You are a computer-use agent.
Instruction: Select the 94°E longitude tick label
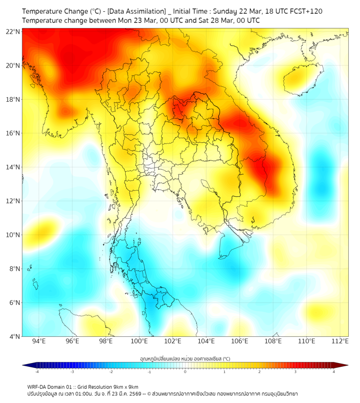coord(39,341)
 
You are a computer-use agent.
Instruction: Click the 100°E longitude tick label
coord(139,341)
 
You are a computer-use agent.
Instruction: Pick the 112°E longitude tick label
coord(340,341)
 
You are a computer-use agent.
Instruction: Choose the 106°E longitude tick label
coord(240,341)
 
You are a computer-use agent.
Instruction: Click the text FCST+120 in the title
coord(306,11)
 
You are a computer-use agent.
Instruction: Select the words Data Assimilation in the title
coord(136,11)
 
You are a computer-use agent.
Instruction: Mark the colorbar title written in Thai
coord(185,359)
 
